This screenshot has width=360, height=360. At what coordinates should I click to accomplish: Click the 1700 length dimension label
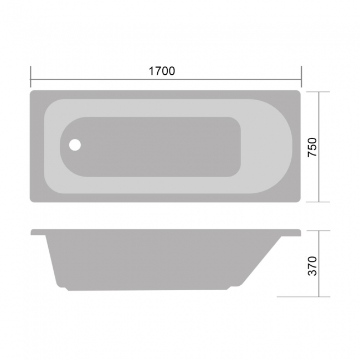(162, 71)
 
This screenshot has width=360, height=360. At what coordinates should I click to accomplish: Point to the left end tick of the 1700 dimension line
(30, 75)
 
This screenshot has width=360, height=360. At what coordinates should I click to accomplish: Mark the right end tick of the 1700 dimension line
(301, 75)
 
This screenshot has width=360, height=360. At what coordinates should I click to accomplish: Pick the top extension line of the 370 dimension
(318, 230)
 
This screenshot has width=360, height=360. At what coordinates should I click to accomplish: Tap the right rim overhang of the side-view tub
(294, 233)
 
